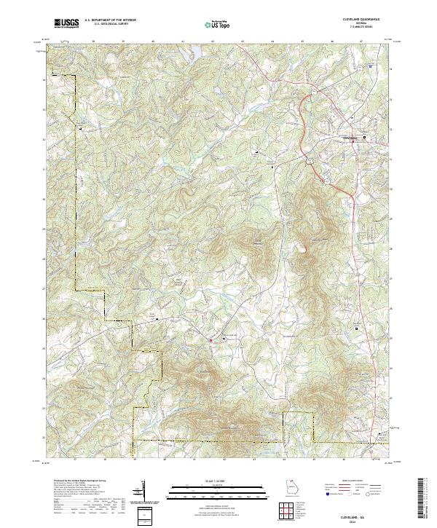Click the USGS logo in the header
pos(66,24)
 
